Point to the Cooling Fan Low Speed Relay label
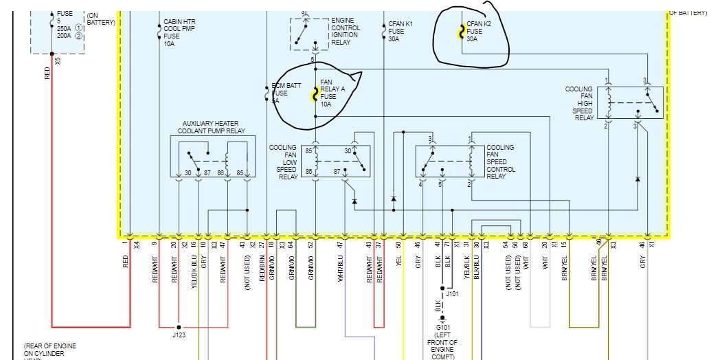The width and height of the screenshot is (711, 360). coord(283,162)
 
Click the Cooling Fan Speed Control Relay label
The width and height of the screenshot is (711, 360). coord(501,162)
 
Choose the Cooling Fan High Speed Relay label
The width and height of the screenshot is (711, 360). coord(579,104)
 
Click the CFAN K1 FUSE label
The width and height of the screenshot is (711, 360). coord(400,32)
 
